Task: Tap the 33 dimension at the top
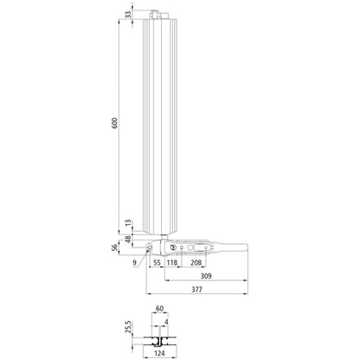click(128, 15)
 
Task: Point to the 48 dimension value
click(128, 238)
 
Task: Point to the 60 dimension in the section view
click(159, 308)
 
